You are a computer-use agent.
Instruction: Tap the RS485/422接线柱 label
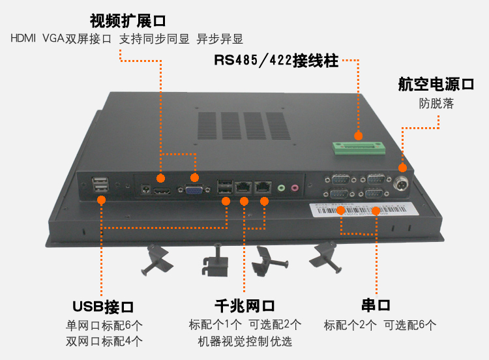click(x=276, y=61)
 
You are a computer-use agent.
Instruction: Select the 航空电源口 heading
click(x=436, y=84)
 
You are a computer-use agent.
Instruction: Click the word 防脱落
click(x=436, y=103)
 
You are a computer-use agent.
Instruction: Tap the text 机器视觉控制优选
click(x=244, y=341)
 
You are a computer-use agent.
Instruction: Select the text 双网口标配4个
click(x=104, y=341)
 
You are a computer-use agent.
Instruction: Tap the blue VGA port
click(x=194, y=190)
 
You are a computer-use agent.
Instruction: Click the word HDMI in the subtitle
click(x=23, y=38)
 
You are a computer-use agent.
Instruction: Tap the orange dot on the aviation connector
click(x=402, y=167)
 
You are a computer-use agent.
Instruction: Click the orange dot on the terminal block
click(x=358, y=136)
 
